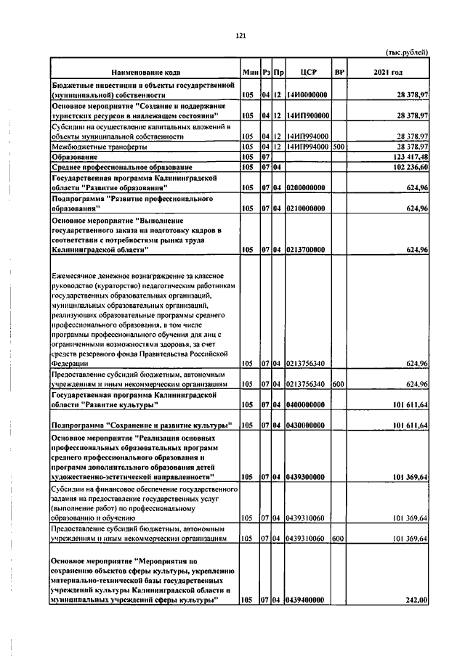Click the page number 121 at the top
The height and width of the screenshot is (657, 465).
click(x=240, y=36)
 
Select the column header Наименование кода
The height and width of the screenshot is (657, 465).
click(x=145, y=73)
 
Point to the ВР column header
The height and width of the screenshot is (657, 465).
click(x=338, y=73)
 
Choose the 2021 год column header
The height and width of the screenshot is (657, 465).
click(x=387, y=73)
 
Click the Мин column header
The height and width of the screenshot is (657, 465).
click(x=250, y=73)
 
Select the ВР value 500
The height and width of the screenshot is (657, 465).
click(x=337, y=147)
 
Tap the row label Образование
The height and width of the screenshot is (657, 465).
click(x=74, y=157)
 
